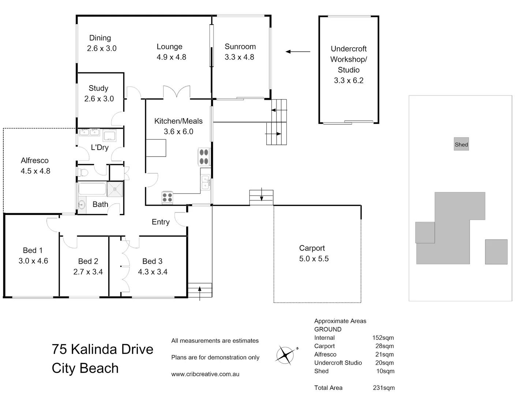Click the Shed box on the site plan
click(461, 144)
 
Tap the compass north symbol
click(286, 355)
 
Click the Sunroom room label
click(240, 46)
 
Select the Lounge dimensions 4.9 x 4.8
click(171, 57)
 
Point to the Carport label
click(312, 248)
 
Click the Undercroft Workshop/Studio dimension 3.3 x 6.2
click(348, 80)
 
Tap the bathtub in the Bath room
click(92, 189)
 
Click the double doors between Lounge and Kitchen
click(177, 91)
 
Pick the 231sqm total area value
click(383, 388)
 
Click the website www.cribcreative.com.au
click(205, 374)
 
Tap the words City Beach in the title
click(85, 368)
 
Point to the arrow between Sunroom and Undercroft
click(298, 52)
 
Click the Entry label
click(161, 222)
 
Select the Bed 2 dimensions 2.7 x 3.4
click(88, 272)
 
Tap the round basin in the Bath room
click(81, 204)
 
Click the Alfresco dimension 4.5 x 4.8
click(35, 171)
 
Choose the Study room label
click(98, 88)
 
